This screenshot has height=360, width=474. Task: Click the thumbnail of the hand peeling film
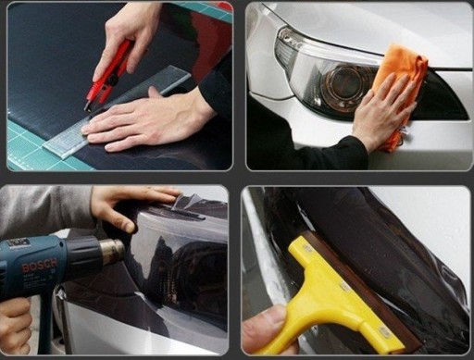tap(130, 228)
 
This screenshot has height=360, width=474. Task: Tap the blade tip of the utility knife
tap(85, 109)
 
